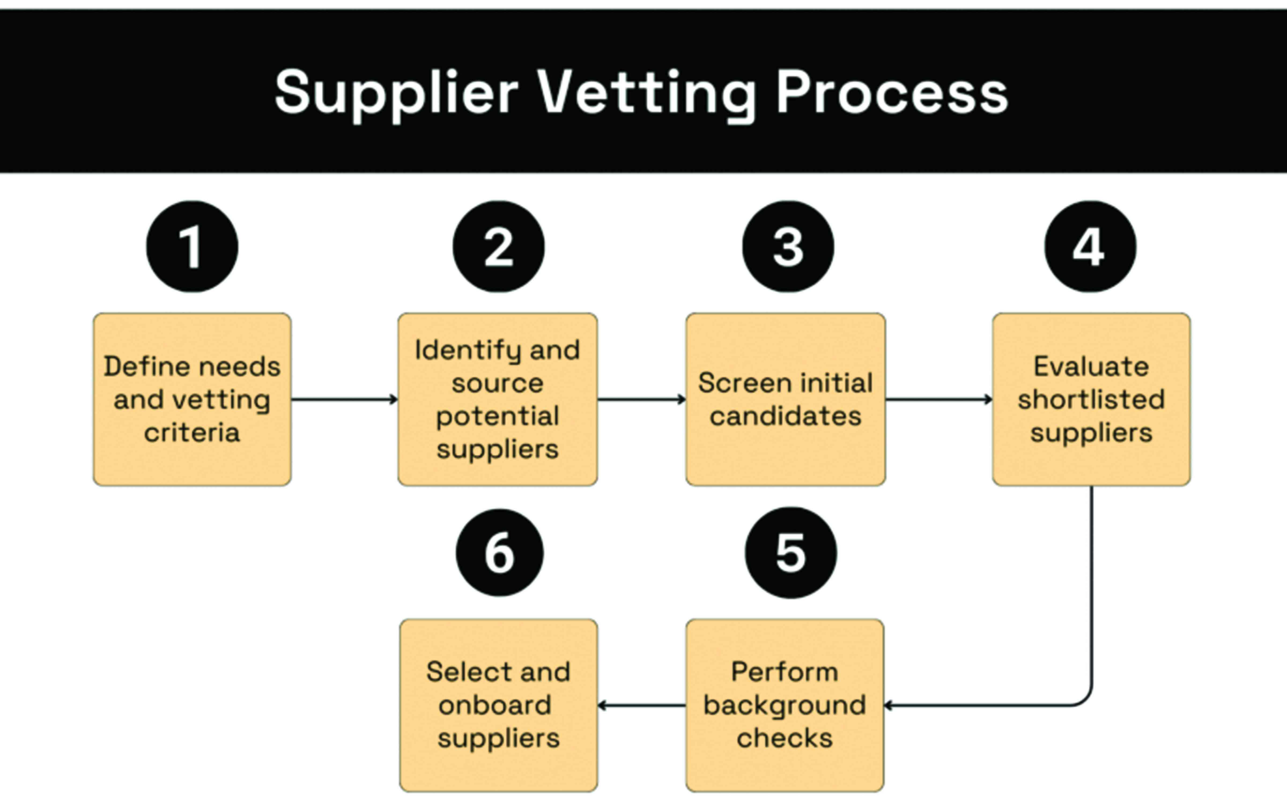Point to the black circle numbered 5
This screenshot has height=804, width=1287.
(x=790, y=553)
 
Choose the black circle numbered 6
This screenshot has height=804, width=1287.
(x=499, y=553)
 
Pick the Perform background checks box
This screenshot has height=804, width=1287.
(x=785, y=705)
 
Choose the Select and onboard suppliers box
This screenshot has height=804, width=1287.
(x=498, y=705)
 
